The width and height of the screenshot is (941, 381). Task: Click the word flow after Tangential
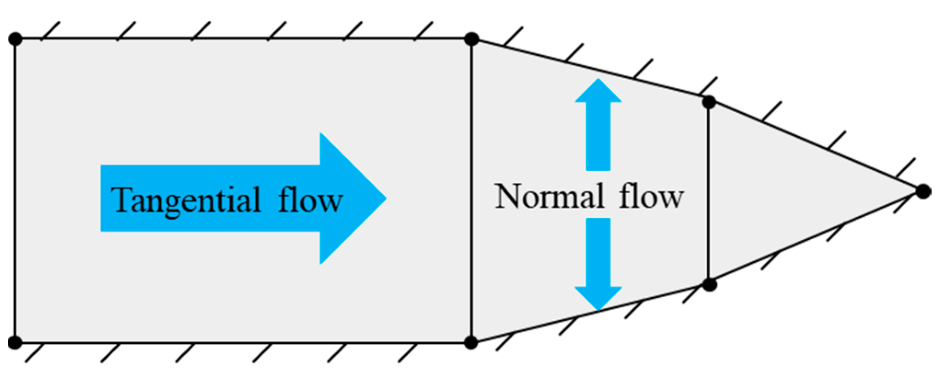pos(310,200)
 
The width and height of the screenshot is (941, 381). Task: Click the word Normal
pos(548,197)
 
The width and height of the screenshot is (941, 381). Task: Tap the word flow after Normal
pos(651,196)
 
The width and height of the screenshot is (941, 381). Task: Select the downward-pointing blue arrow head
pos(598,297)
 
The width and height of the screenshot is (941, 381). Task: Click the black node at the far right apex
pos(923,191)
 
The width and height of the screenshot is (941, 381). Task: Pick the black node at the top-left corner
pos(15,39)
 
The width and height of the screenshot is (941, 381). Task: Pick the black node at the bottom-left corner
pos(15,342)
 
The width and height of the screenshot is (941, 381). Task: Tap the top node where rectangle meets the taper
pos(472,39)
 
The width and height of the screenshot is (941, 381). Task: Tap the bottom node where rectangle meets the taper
pos(471,342)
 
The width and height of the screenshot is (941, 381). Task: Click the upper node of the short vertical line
pos(709,102)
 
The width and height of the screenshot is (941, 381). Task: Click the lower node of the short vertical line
pos(710,285)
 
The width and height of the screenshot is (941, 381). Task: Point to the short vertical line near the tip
pos(709,193)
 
